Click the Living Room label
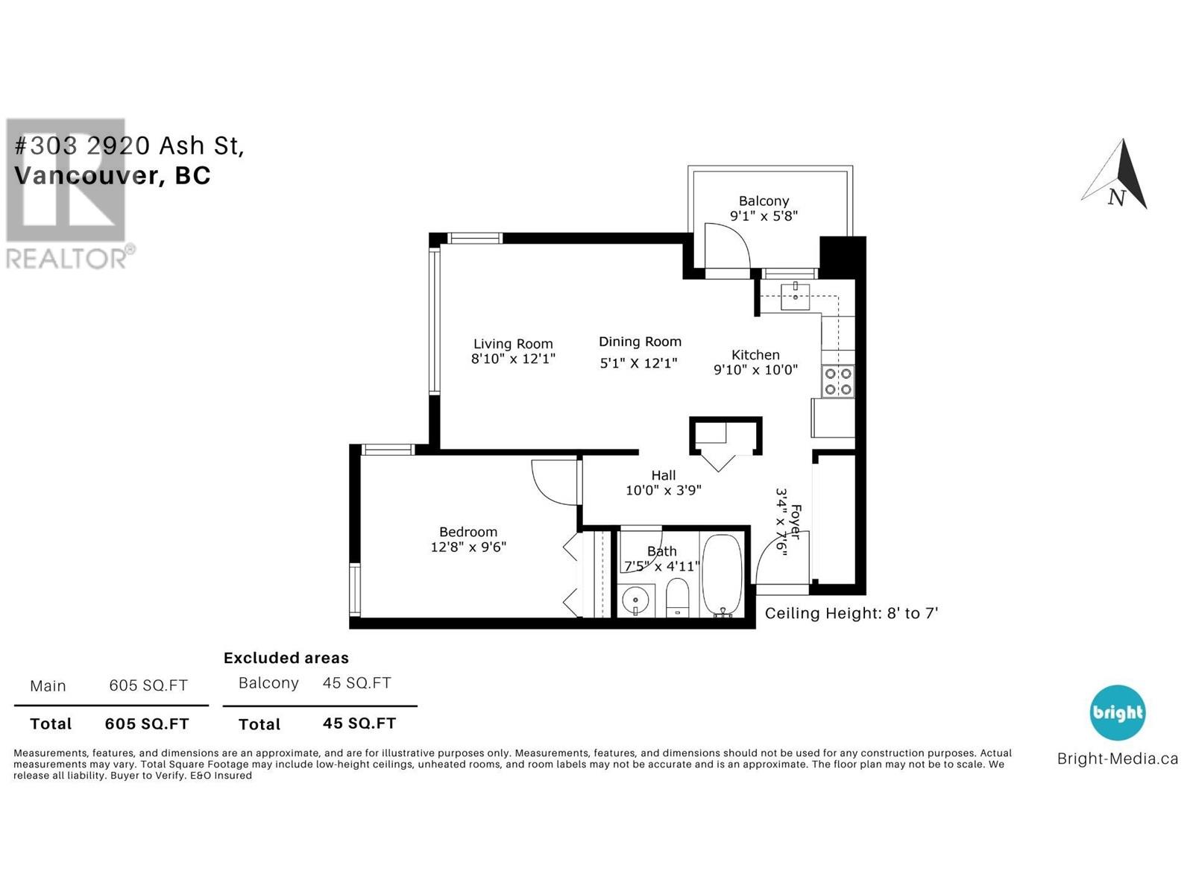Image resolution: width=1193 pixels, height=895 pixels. tap(512, 344)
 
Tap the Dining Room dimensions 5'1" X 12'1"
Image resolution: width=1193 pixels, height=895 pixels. tap(638, 363)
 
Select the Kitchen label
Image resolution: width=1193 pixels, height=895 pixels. tap(755, 355)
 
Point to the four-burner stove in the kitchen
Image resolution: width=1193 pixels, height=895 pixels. tap(837, 381)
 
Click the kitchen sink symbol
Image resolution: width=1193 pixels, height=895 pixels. tap(795, 297)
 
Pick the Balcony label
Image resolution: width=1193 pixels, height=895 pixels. tap(764, 201)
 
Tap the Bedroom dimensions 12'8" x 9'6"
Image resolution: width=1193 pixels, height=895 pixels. tap(468, 547)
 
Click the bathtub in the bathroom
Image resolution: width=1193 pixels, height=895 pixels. tap(723, 576)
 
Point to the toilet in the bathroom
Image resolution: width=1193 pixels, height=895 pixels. tap(677, 597)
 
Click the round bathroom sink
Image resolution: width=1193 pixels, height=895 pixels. tap(636, 601)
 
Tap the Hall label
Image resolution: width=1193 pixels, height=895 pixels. tap(663, 476)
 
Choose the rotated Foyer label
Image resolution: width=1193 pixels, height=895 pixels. tap(795, 522)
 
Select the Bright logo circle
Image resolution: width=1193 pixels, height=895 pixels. tap(1118, 712)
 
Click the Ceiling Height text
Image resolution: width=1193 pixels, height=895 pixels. tap(852, 614)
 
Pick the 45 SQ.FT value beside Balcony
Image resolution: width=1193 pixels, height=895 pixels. tap(356, 683)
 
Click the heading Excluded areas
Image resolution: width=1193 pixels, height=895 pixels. tap(286, 658)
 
